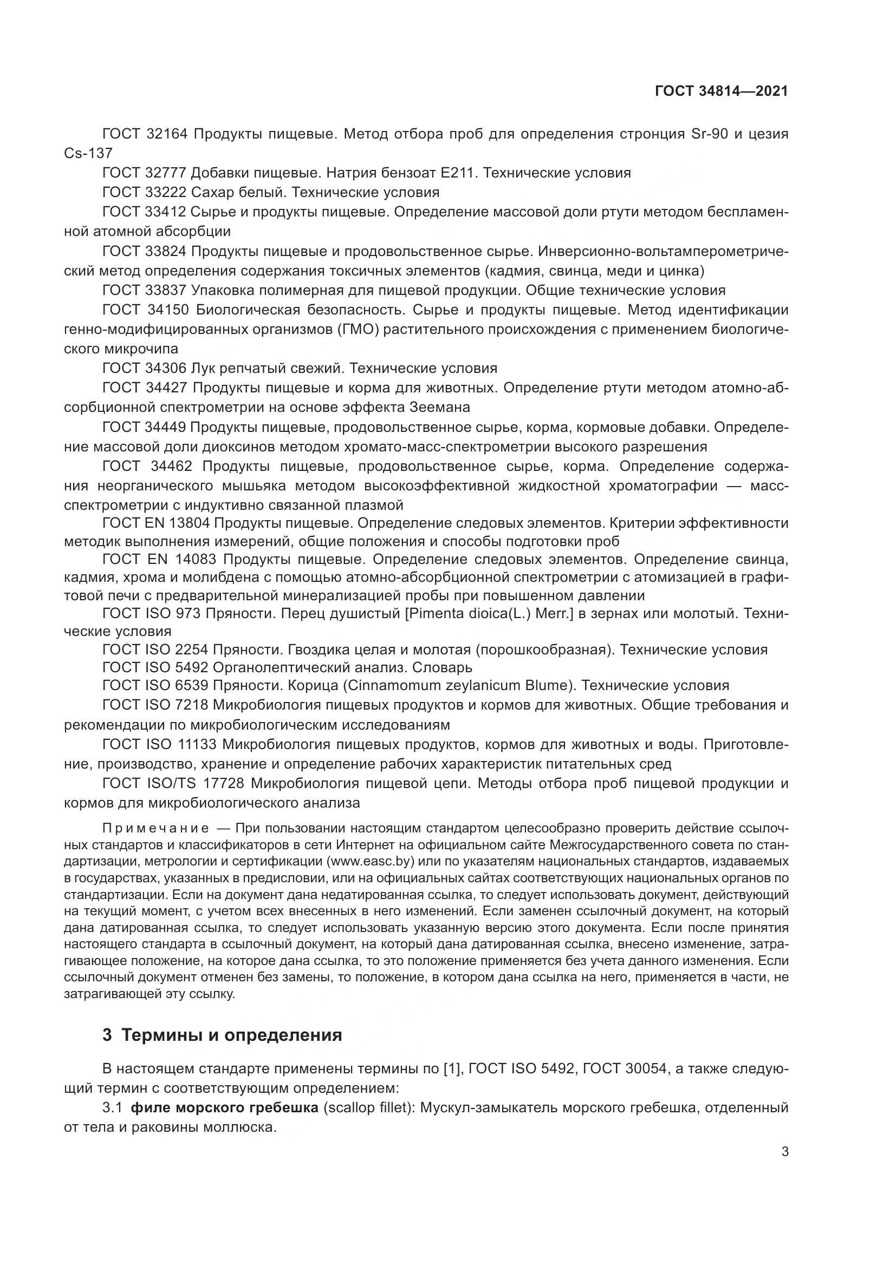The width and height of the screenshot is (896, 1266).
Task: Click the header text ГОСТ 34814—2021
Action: [721, 91]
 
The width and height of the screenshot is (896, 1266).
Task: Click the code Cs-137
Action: [88, 153]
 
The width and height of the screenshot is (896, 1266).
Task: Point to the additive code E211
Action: [457, 173]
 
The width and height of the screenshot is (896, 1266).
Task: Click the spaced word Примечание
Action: [155, 828]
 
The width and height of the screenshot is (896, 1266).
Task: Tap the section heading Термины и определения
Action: [231, 1035]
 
